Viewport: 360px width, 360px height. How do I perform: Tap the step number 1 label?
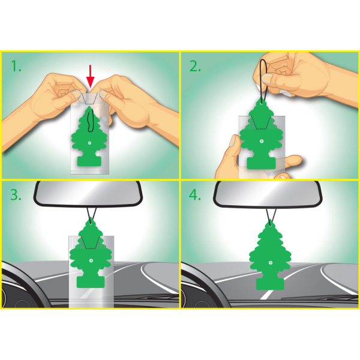16,66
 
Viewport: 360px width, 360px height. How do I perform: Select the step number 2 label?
195,66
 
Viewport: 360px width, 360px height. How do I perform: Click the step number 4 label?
194,195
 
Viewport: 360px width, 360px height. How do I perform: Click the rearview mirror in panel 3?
88,193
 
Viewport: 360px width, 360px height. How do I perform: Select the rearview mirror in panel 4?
268,194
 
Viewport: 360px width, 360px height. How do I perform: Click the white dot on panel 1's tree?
89,143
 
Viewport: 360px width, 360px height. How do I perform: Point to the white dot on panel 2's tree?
261,141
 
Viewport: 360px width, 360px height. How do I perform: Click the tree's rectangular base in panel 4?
270,284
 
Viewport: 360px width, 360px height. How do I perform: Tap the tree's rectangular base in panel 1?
89,161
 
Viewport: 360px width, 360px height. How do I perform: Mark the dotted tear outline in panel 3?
91,242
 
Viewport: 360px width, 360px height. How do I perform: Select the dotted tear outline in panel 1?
90,99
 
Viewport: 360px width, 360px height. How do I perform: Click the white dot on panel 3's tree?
91,260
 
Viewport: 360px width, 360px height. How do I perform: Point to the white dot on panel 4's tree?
270,262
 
